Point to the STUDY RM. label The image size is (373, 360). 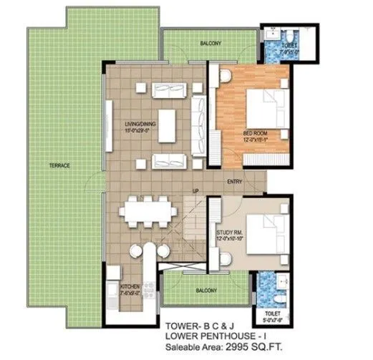pos(229,233)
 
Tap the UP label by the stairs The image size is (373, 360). pos(195,190)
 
